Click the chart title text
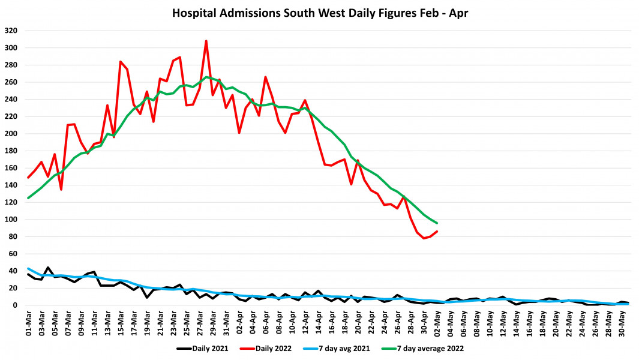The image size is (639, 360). (x=319, y=12)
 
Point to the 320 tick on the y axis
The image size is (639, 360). (x=11, y=31)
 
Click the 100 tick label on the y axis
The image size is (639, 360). (x=11, y=220)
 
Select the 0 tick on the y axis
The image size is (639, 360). (x=16, y=305)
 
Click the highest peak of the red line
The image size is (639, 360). (x=206, y=41)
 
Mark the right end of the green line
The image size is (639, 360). (x=437, y=223)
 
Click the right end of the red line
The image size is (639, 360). (x=437, y=232)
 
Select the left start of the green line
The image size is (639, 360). (x=28, y=198)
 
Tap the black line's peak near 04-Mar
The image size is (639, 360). (x=48, y=268)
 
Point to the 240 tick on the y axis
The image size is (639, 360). (x=11, y=99)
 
